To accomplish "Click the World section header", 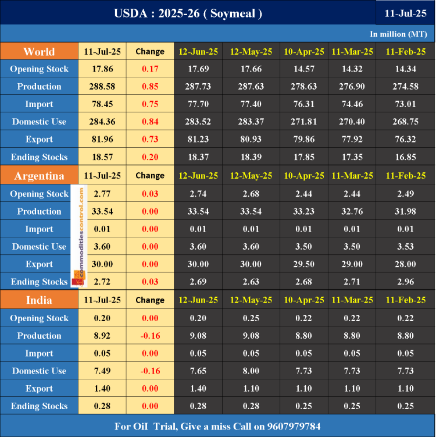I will (39, 51).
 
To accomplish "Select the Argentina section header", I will (39, 175).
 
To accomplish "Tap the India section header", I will (39, 300).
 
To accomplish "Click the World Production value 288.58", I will (102, 87).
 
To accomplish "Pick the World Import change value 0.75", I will (150, 104).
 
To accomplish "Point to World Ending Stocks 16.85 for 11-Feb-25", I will (405, 157).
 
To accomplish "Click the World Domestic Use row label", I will (39, 122).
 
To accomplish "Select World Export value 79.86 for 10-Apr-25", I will (304, 140).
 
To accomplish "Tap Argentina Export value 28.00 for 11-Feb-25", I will (405, 264).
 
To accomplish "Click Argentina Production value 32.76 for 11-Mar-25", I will (352, 211).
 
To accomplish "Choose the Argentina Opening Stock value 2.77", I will (102, 194).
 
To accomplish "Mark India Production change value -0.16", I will (150, 336).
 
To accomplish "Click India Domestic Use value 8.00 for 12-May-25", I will (251, 371).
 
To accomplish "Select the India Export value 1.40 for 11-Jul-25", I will (102, 389).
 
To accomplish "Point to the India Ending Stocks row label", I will (39, 406).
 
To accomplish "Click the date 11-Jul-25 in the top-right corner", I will (405, 13).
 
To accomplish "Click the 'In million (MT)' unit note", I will (398, 34).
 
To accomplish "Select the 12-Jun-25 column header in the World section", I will (198, 51).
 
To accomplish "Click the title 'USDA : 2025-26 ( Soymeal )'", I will (188, 13).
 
